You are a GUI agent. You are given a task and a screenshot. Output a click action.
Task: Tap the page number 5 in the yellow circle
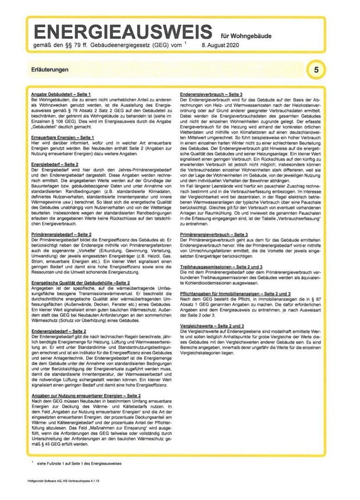coord(316,70)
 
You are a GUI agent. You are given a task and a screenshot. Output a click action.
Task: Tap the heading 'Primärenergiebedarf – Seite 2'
coord(61,235)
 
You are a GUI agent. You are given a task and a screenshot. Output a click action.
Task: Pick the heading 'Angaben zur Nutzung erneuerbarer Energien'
coord(86,396)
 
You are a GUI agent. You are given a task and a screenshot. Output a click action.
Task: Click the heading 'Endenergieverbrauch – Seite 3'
coord(211,94)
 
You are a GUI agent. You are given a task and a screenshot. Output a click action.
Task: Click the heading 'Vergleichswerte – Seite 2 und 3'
coord(212,326)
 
